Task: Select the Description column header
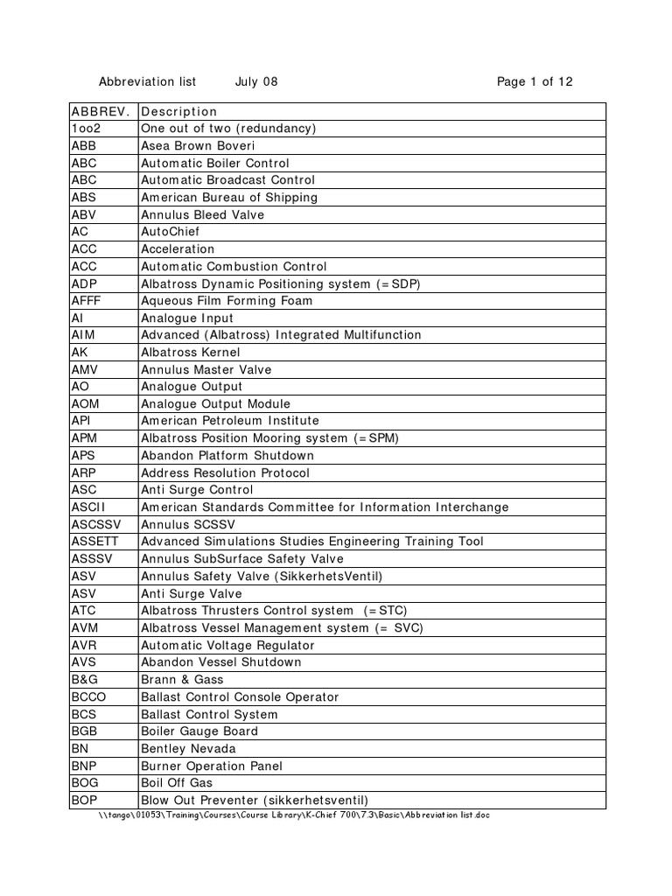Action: pos(178,111)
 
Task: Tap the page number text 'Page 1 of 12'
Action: pos(535,82)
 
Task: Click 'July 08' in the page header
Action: pos(256,82)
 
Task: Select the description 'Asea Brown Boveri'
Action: pos(198,146)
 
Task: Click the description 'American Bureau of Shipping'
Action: pos(229,198)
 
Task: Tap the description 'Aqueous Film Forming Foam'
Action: pos(227,301)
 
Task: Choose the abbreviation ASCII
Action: pos(88,507)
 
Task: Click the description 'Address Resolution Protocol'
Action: pos(225,473)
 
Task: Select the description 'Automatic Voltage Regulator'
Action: pos(227,645)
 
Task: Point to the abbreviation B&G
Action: pos(86,680)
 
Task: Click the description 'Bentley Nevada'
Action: pos(188,749)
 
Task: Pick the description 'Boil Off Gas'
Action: pos(177,783)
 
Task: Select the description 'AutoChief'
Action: pos(171,232)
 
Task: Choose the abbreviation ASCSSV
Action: pos(95,525)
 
